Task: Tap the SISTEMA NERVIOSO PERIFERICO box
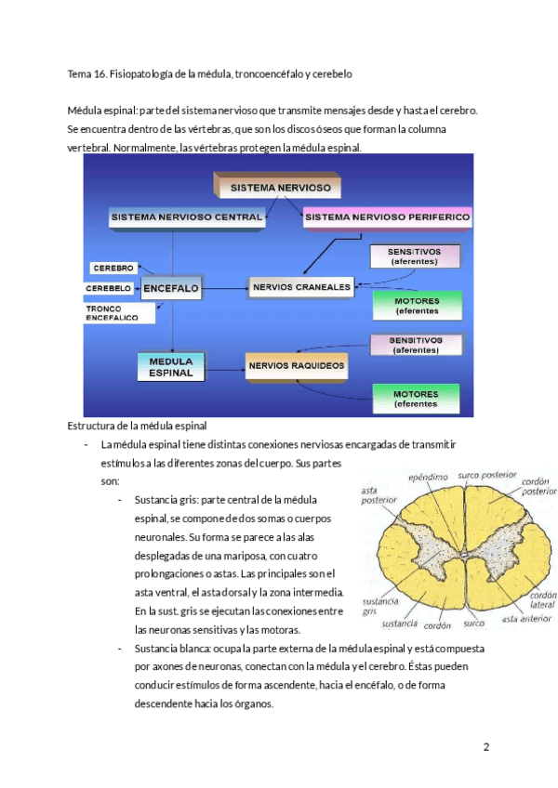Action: [387, 217]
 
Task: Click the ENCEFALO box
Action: [171, 289]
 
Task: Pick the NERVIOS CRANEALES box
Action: [301, 287]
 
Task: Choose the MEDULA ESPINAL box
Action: [171, 366]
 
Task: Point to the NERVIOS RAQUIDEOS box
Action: [297, 365]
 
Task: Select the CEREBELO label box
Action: [109, 289]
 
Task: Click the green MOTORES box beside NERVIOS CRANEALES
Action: [415, 305]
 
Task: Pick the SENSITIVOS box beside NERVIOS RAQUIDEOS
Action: [415, 345]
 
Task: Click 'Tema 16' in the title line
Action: [87, 73]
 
